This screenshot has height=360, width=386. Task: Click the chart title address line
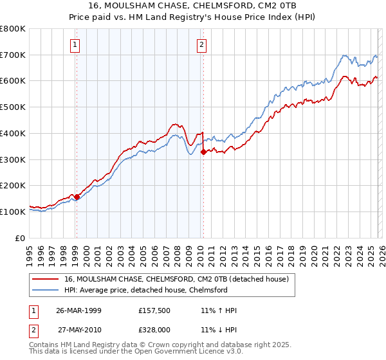(192, 5)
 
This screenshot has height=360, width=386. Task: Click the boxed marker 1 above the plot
(76, 44)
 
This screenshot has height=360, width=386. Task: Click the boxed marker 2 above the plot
(202, 44)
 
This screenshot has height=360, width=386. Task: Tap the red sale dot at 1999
(77, 197)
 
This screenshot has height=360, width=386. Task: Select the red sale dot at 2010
(203, 152)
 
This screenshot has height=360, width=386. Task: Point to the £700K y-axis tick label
(13, 55)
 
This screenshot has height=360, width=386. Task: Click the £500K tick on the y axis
(13, 107)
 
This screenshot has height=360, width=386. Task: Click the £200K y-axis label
(13, 185)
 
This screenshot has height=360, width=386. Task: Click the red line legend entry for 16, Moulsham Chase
(179, 279)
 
